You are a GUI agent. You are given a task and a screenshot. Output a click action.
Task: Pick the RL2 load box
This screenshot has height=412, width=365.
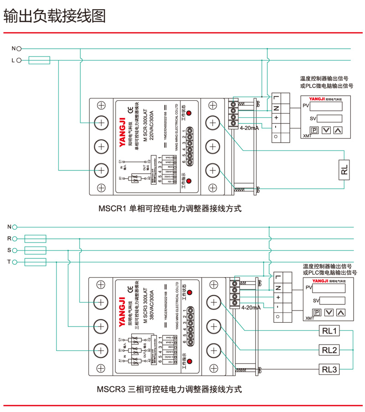point(329,350)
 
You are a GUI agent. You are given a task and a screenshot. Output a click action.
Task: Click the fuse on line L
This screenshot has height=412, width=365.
point(39,60)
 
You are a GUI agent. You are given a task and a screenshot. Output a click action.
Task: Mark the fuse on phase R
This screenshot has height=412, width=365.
point(35,238)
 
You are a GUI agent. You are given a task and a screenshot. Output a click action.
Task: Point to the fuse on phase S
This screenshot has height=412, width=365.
point(35,250)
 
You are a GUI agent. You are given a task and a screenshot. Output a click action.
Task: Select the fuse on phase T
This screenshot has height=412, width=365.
point(35,262)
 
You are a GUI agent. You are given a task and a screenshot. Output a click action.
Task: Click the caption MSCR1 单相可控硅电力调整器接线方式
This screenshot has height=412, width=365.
point(169,209)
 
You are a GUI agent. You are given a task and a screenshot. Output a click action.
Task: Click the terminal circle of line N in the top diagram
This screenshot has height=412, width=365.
point(19,48)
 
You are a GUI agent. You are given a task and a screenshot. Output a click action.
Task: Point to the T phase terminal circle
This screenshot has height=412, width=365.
point(15,262)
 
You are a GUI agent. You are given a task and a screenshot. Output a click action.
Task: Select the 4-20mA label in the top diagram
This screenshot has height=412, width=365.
point(249,129)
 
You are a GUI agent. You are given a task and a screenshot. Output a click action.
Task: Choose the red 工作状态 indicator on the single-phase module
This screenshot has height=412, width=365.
point(189,113)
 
